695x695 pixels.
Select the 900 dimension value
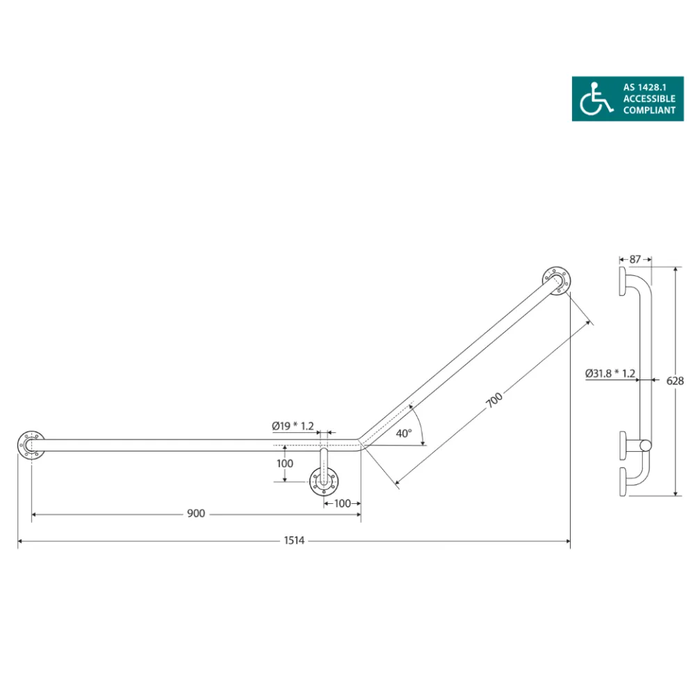[196, 514]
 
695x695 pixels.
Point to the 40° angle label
[404, 433]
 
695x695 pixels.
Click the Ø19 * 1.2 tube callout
[293, 425]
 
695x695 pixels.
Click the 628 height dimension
[675, 381]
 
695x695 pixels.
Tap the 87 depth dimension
[635, 259]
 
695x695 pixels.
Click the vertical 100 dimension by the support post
[285, 463]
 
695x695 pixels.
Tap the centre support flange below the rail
[323, 480]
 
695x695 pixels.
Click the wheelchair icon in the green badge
[597, 99]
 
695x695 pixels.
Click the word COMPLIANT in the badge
[649, 110]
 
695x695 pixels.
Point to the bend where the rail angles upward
[359, 445]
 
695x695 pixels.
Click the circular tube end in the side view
[646, 445]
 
